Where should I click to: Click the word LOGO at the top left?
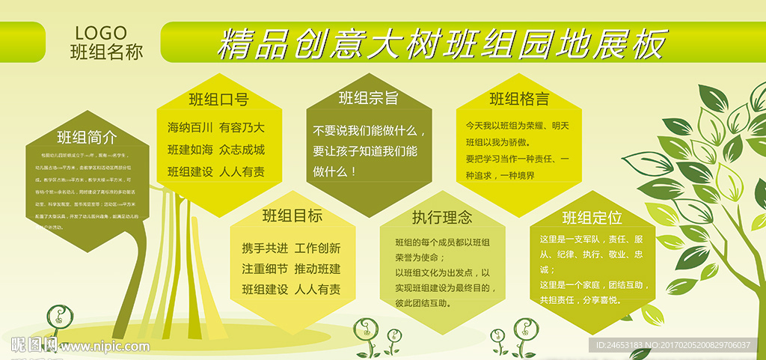click(101, 33)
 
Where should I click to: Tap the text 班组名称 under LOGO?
click(105, 52)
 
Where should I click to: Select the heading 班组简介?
click(87, 138)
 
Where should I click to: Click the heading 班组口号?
click(218, 100)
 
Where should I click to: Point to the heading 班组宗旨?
click(368, 98)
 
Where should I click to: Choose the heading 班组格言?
click(519, 99)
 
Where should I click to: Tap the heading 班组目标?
click(292, 216)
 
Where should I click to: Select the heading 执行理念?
click(442, 218)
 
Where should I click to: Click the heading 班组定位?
click(592, 218)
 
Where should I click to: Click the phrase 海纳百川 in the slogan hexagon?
click(190, 127)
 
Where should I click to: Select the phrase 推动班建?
click(317, 269)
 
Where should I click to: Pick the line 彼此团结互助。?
click(424, 303)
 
